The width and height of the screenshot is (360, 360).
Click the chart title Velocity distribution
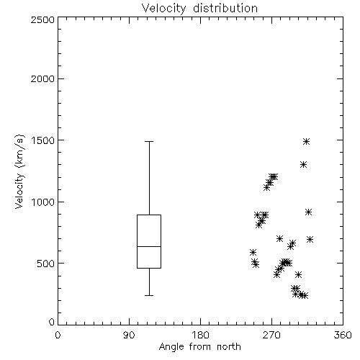point(199,9)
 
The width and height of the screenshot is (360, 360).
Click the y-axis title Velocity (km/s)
point(19,171)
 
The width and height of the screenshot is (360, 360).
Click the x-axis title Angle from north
point(199,347)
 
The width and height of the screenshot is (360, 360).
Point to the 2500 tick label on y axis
point(42,19)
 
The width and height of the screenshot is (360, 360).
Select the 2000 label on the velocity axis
point(42,79)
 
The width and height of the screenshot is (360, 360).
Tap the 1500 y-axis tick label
point(42,140)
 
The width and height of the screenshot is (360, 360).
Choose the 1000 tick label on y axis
point(42,202)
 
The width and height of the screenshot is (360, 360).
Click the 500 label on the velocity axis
point(46,264)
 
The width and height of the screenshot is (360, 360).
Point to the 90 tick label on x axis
point(129,335)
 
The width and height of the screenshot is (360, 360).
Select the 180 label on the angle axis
point(200,335)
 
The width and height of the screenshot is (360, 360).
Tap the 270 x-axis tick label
point(271,335)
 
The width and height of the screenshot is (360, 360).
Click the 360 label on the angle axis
point(343,335)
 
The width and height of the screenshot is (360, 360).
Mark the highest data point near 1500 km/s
point(306,142)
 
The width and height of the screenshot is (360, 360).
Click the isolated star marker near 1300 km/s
point(304,165)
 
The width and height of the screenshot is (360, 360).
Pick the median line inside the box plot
point(149,246)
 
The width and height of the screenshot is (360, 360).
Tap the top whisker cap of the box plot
point(149,142)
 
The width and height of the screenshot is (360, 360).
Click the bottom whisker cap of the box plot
point(149,295)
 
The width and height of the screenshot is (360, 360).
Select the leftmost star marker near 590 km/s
point(253,253)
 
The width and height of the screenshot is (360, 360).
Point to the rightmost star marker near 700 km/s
point(310,239)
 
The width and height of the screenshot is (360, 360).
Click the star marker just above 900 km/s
point(309,212)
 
